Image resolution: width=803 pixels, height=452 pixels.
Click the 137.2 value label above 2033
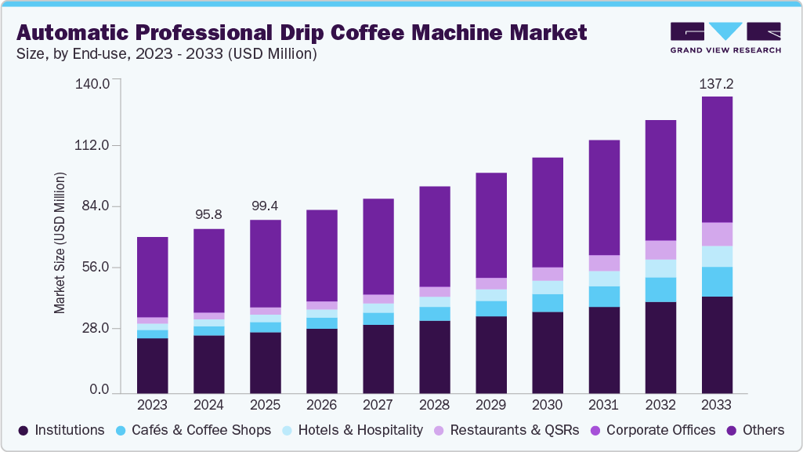[717, 83]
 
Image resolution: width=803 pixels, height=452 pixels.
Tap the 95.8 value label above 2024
[209, 214]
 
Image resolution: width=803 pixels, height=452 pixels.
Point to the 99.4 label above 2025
[265, 206]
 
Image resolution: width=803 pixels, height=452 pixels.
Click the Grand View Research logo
[725, 37]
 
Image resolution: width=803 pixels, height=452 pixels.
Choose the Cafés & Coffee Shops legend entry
[194, 430]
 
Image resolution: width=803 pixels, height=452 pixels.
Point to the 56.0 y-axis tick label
[95, 268]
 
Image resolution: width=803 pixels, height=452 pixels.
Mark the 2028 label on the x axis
[434, 405]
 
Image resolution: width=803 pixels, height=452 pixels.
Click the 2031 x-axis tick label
[604, 405]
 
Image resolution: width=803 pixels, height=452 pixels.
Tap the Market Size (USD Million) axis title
[60, 237]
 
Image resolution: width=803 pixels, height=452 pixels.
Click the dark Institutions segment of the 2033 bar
[717, 344]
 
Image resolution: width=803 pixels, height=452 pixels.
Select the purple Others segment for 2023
[153, 277]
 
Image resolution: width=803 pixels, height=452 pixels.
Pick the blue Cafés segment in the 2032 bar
[660, 290]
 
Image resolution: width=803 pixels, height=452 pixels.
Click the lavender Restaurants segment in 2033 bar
[717, 234]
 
